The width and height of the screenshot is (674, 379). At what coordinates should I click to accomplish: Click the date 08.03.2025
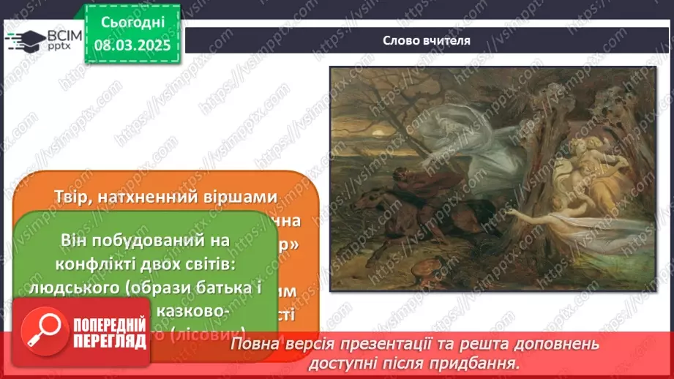[132, 45]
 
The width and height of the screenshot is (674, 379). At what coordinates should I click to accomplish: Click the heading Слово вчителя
[426, 40]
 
